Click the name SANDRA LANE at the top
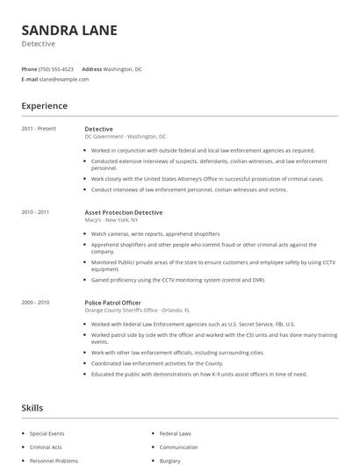[69, 30]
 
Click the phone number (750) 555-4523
[56, 68]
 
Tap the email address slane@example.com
[64, 79]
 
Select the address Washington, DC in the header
[122, 68]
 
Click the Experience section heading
[44, 106]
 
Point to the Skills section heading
[32, 408]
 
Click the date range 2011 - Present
[39, 129]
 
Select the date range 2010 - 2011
[35, 212]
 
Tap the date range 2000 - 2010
[35, 302]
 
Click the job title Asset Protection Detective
[123, 212]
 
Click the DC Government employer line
[125, 137]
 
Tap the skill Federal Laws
[175, 433]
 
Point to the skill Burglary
[170, 460]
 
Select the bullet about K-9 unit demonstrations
[198, 374]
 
